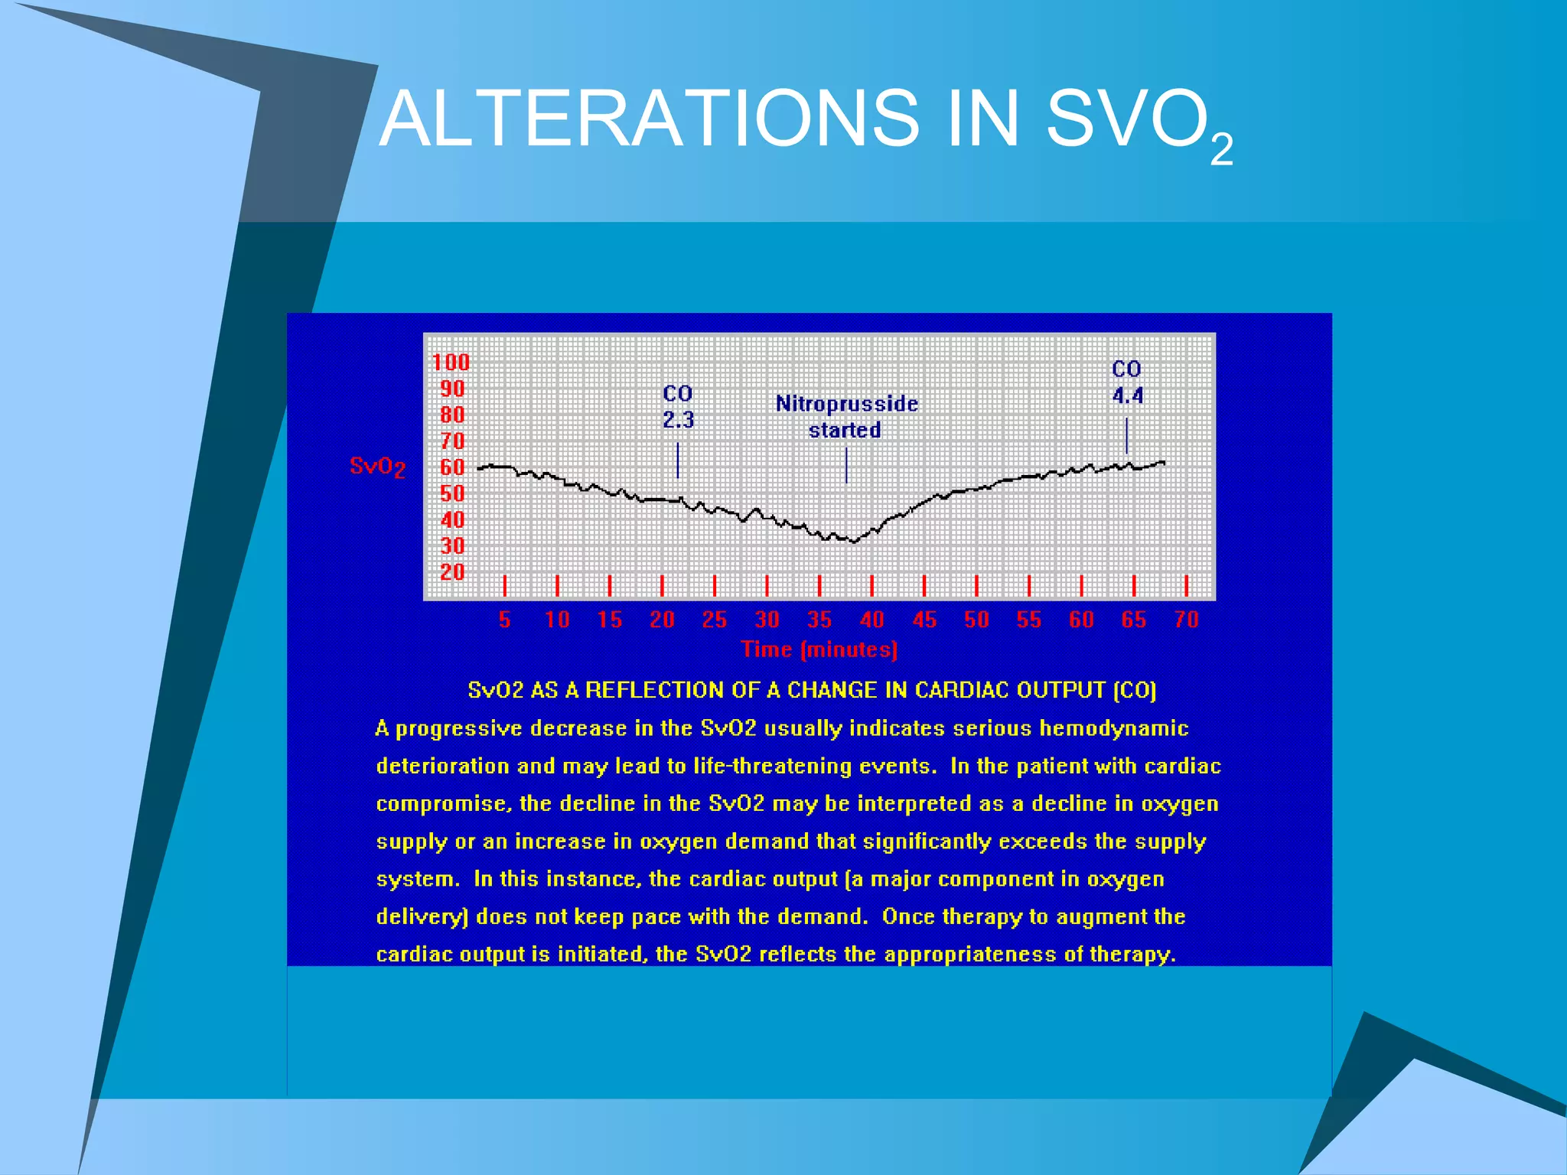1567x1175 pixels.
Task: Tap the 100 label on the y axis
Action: click(x=451, y=362)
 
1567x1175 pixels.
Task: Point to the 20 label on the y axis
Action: click(x=452, y=571)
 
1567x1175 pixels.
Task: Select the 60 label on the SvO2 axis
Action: click(x=452, y=467)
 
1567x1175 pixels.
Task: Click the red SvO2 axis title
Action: click(x=377, y=466)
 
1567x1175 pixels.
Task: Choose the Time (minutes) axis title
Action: click(x=819, y=649)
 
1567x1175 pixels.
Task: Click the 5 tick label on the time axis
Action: click(x=504, y=620)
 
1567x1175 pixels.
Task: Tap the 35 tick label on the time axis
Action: click(x=819, y=620)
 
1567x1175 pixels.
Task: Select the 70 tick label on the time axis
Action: click(x=1186, y=620)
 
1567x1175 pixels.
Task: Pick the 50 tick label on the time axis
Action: click(x=976, y=620)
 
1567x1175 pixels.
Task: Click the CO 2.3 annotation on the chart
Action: click(x=678, y=407)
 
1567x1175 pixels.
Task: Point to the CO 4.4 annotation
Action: click(x=1127, y=382)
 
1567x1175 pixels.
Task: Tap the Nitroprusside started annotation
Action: click(x=846, y=416)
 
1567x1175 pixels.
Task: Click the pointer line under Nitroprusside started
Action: click(x=846, y=465)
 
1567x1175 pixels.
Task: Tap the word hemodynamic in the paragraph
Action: click(x=1113, y=728)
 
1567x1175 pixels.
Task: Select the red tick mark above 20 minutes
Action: click(x=662, y=586)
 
